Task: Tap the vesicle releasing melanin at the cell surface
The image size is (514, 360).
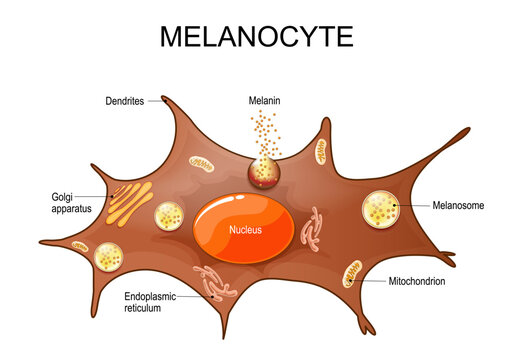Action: tap(265, 172)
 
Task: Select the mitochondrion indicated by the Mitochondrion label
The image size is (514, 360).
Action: tap(353, 272)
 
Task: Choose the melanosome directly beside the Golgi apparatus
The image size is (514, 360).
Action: tap(168, 217)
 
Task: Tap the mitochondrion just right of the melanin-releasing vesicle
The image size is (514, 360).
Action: tap(322, 152)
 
